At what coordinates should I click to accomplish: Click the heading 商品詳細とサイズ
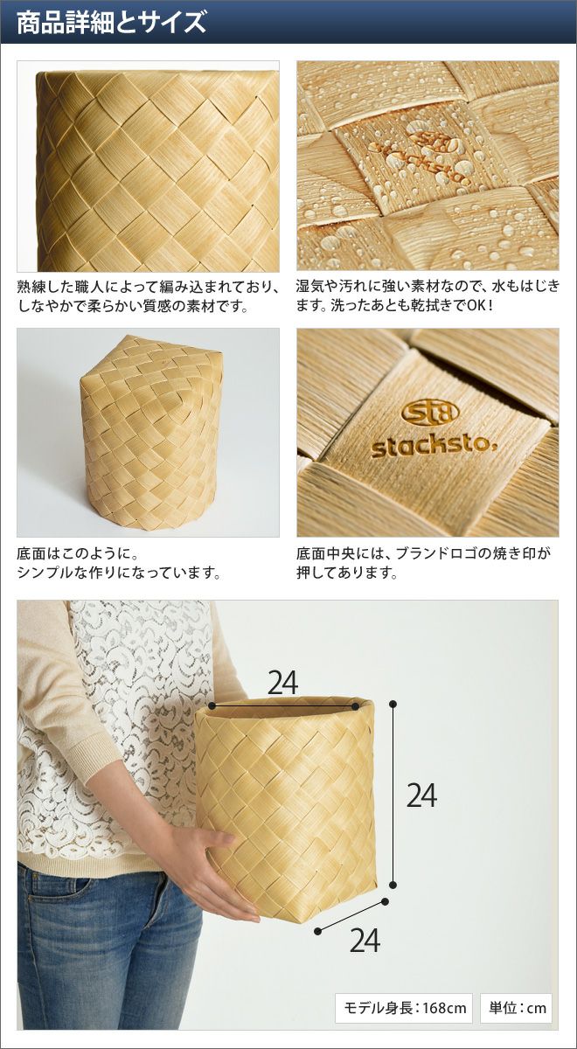pyautogui.click(x=112, y=23)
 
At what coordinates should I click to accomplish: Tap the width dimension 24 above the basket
pyautogui.click(x=283, y=683)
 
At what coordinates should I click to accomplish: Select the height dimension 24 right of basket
pyautogui.click(x=421, y=795)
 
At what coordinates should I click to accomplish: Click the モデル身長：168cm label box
pyautogui.click(x=404, y=1007)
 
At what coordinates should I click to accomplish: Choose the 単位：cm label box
pyautogui.click(x=516, y=1007)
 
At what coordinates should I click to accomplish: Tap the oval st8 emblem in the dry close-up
pyautogui.click(x=430, y=412)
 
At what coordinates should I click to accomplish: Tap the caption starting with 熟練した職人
pyautogui.click(x=148, y=296)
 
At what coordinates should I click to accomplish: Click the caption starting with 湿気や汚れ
pyautogui.click(x=428, y=296)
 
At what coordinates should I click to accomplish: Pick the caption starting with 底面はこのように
pyautogui.click(x=119, y=563)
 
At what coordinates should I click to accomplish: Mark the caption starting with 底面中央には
pyautogui.click(x=423, y=563)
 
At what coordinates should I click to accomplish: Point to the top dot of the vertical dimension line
pyautogui.click(x=393, y=704)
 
